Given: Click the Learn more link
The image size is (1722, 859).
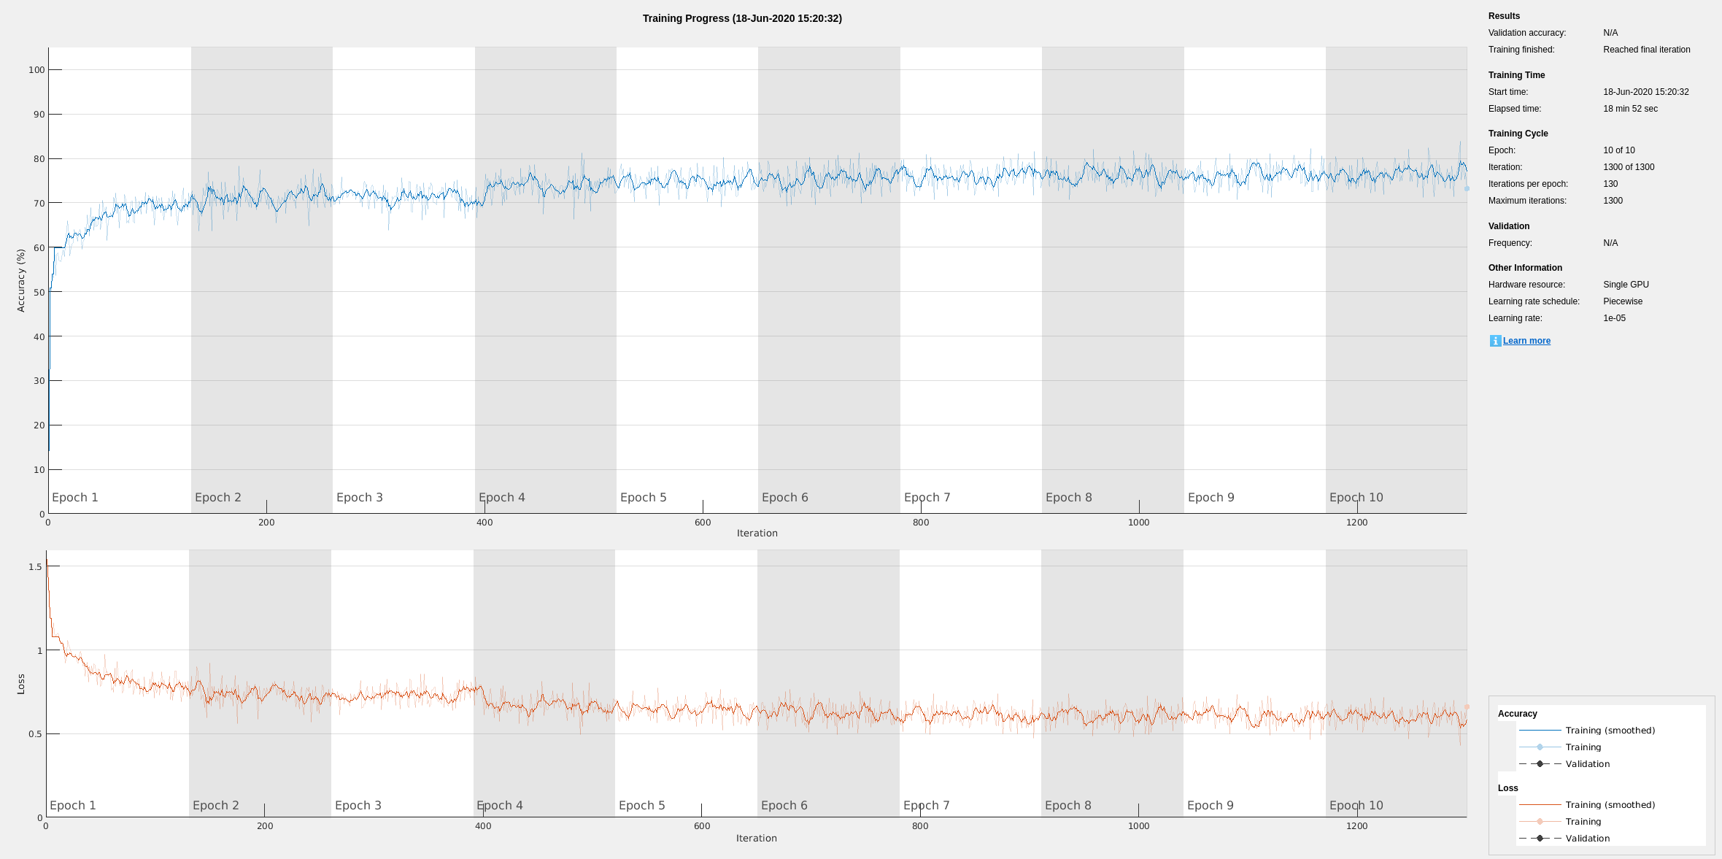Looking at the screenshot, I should point(1526,341).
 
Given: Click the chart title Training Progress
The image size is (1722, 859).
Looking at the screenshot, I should point(742,18).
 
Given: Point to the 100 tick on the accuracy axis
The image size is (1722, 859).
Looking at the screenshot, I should point(36,70).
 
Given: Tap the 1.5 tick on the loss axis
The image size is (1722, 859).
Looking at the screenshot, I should point(35,567).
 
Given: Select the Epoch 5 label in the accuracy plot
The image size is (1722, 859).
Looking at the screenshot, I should point(643,497).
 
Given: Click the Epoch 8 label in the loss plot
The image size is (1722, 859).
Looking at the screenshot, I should point(1067,805).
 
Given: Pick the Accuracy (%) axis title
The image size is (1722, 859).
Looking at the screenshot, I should point(21,280).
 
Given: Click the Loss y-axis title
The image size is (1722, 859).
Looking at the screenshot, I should point(21,684).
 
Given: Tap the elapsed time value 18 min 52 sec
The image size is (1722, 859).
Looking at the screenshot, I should point(1630,109).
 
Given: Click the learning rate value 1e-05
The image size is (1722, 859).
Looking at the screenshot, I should point(1614,318).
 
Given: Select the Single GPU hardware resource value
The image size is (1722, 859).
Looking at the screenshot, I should point(1626,285).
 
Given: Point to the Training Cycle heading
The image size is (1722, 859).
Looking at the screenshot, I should point(1518,134).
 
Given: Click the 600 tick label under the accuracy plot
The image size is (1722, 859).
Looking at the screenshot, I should point(703,523).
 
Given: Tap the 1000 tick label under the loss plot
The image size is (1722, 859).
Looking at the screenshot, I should point(1138,826).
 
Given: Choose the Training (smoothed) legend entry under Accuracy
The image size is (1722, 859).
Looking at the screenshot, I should point(1610,731).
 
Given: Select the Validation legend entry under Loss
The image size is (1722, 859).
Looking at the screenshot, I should point(1587,839).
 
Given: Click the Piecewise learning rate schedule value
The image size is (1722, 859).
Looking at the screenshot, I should point(1623,301).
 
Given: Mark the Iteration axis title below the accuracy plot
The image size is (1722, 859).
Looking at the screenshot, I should point(757,533).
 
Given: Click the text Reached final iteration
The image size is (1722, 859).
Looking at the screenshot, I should point(1646,50).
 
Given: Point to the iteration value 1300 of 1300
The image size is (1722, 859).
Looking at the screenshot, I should point(1629,167).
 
